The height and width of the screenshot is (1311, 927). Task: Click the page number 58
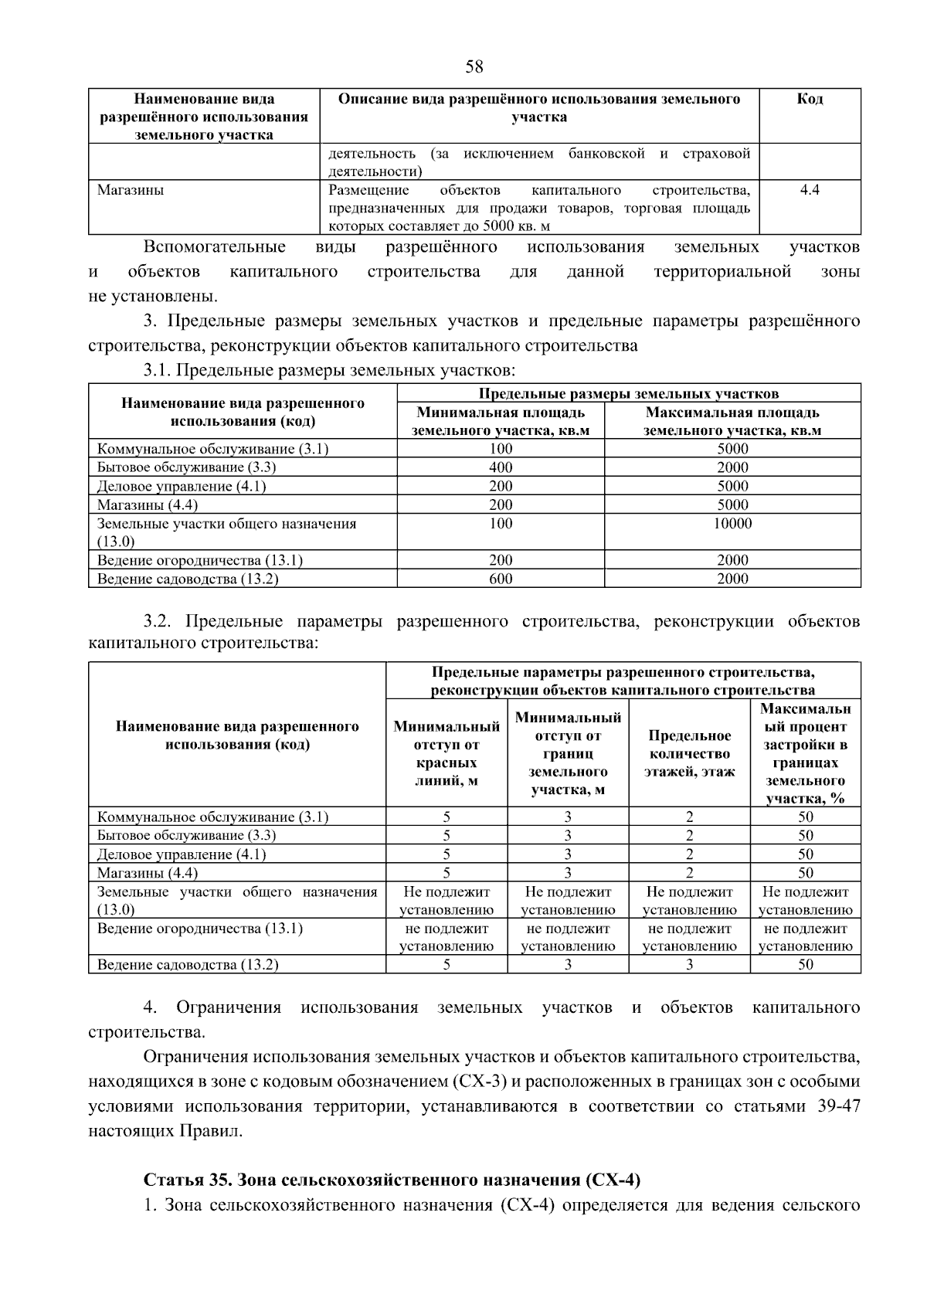(474, 67)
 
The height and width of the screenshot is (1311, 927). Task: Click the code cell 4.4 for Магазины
(809, 190)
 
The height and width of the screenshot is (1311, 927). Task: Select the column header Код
(809, 99)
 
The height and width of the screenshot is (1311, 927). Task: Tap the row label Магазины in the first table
(130, 190)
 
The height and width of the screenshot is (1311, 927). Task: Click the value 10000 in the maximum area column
(732, 524)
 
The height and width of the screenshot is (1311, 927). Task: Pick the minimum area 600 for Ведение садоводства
(501, 579)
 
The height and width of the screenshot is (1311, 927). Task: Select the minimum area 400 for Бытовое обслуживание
(501, 467)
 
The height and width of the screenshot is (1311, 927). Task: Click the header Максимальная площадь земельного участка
(732, 422)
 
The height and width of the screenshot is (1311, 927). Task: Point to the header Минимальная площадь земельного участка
(501, 422)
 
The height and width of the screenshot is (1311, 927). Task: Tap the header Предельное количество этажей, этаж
(689, 753)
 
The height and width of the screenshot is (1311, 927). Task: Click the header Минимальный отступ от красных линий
(447, 753)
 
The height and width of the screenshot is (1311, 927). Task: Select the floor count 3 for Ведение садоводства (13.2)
(689, 964)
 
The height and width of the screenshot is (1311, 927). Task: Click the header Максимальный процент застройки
(805, 753)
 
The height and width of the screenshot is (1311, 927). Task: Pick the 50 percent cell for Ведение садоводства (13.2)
(805, 964)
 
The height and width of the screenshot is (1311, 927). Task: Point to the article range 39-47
(837, 1106)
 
